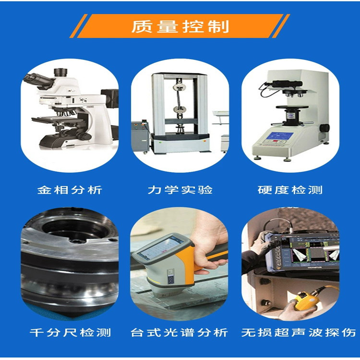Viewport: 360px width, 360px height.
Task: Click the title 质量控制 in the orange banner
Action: pos(180,26)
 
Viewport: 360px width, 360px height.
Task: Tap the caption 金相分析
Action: pos(70,190)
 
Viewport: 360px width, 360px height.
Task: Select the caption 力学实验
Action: pos(180,190)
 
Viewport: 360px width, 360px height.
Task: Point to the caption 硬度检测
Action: pos(290,190)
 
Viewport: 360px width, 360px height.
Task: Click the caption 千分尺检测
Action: pos(70,332)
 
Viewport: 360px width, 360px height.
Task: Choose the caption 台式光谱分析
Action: pos(180,332)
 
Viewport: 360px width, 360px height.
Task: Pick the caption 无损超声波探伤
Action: pos(299,332)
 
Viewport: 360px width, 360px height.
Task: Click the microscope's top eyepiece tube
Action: pos(60,72)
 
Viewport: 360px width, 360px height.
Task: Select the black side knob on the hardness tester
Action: pos(324,128)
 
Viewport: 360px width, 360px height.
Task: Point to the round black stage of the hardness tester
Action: pos(292,107)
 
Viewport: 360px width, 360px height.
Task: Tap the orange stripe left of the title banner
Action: pos(79,26)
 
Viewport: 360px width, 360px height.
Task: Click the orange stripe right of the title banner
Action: pos(281,26)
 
